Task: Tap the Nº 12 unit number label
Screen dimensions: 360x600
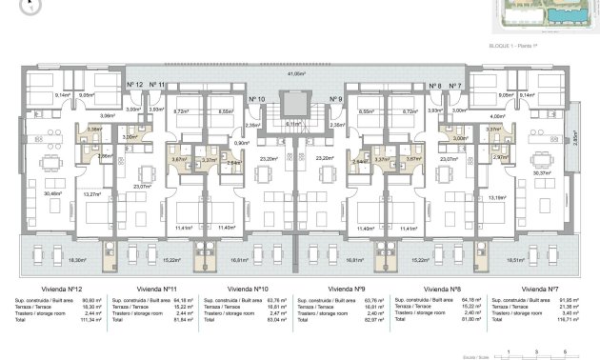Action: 135,86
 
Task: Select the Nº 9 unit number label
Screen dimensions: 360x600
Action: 335,99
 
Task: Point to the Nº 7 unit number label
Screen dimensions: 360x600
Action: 455,86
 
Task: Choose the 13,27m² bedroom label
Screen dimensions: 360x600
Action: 92,196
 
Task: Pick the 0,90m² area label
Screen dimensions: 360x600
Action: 242,143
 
